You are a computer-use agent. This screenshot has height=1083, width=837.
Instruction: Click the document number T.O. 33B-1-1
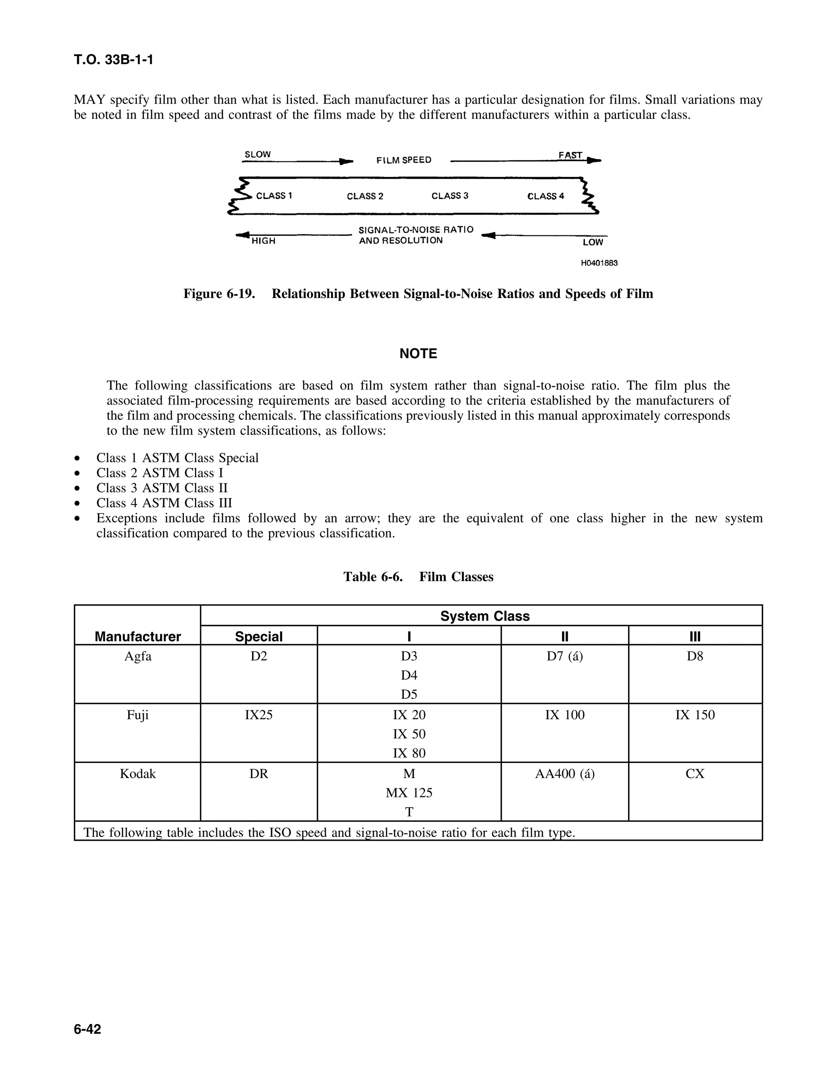coord(114,60)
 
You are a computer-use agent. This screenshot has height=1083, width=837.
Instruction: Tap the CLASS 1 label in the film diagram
coord(274,196)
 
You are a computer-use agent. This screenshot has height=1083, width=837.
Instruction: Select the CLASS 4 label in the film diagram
coord(546,196)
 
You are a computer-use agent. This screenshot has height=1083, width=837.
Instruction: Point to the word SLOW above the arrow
coord(258,154)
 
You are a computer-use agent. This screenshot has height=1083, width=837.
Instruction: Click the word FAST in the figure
coord(570,155)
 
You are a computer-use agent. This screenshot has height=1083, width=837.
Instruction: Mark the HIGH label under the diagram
coord(263,241)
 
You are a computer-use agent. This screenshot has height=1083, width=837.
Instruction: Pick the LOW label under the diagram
coord(593,242)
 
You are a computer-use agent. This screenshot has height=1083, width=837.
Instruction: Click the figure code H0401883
coord(599,263)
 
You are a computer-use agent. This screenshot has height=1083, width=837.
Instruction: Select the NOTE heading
coord(418,354)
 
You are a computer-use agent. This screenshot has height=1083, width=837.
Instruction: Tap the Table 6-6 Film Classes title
coord(418,577)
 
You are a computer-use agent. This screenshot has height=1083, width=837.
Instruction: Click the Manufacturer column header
coord(138,636)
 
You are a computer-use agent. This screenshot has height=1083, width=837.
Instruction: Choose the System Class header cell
coord(484,616)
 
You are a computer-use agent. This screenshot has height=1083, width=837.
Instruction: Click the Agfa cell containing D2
coord(259,657)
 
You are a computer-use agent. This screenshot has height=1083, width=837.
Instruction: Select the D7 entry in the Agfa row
coord(564,657)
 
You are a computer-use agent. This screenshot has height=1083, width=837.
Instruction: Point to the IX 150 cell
coord(695,715)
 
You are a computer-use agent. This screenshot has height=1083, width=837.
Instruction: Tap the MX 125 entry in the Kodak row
coord(409,793)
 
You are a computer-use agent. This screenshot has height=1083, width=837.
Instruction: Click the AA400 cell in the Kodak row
coord(564,774)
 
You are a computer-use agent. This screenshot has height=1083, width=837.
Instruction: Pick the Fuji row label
coord(138,715)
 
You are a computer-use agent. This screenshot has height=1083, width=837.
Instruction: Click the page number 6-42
coord(87,1029)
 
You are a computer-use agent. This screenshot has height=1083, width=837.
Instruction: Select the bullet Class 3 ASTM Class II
coord(162,488)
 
